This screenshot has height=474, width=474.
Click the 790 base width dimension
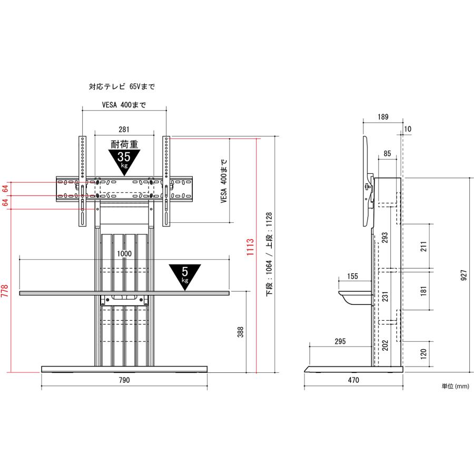coord(124,380)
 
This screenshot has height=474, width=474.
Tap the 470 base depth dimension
coord(353,380)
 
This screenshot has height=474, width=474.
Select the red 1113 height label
coord(250,248)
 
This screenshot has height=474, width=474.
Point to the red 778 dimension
coord(5,291)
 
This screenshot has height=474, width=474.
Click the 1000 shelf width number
coord(124,254)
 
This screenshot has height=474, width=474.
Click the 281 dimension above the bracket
coord(124,130)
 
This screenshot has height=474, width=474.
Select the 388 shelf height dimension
coord(240,332)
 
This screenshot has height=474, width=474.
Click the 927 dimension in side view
coord(464,275)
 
